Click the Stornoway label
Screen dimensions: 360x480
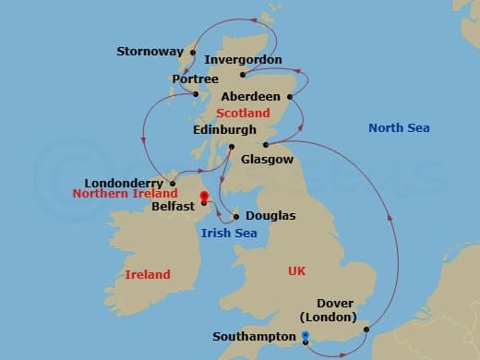point(150,52)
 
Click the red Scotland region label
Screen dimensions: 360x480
point(243,113)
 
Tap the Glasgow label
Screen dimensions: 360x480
point(266,159)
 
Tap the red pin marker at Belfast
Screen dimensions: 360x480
point(204,196)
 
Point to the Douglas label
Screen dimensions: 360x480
point(270,216)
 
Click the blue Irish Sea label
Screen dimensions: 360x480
point(229,233)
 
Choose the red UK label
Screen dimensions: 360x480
point(296,271)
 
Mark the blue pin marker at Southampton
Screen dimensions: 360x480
point(305,336)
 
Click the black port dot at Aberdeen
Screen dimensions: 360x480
point(290,96)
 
